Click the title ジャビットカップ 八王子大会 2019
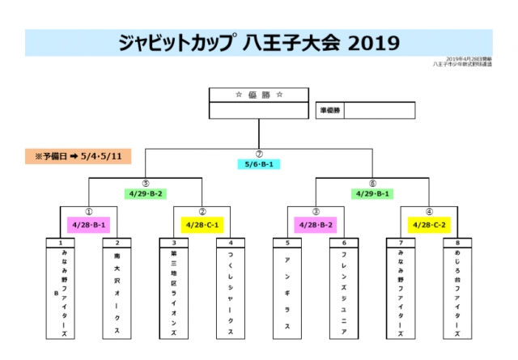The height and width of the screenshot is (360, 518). point(258,43)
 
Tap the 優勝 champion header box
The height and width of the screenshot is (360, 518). point(259,95)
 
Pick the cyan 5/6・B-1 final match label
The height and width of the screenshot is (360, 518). point(259,163)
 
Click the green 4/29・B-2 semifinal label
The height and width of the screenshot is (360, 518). point(146,193)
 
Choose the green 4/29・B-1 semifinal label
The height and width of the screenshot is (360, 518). point(372,193)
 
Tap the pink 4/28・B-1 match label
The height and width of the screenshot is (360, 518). point(89,224)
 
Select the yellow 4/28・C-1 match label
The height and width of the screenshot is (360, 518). point(202,224)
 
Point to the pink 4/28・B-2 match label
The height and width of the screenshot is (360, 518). point(316,224)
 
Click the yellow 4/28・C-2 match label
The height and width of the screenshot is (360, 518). point(429,224)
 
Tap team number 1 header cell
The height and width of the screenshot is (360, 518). point(61,243)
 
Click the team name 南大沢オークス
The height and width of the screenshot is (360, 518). point(117,291)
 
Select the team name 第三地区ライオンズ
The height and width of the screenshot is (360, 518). point(174,291)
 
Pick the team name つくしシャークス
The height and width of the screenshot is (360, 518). point(231,291)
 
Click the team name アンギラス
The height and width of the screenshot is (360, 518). point(287,291)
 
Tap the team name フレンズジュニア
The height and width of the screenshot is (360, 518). point(344,291)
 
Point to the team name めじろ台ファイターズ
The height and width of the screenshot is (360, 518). point(457,291)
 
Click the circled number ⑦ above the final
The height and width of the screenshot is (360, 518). point(259,153)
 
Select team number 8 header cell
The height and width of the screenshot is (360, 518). point(457,243)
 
